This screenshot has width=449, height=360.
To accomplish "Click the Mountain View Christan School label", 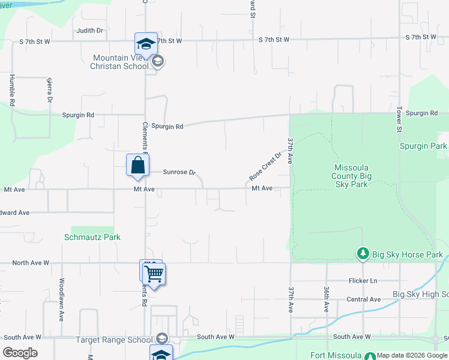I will point(120,62).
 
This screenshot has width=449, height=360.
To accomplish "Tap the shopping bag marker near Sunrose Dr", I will point(137,165).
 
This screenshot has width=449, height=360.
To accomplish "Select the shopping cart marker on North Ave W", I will point(155,275).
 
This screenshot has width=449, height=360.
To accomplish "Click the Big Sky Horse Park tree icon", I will point(363,254).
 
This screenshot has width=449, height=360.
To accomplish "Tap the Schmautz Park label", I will point(92,237).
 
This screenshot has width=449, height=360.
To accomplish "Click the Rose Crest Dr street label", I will point(265,166).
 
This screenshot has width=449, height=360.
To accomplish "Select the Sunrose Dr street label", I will point(179,172).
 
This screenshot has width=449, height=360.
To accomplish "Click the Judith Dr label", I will point(90,30).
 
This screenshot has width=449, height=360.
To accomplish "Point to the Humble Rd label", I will point(11,91).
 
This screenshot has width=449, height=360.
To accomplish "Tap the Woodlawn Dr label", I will point(61,299).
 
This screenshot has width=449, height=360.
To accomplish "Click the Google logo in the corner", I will point(20,352).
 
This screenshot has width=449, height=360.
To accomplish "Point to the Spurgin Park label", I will point(423,146).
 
